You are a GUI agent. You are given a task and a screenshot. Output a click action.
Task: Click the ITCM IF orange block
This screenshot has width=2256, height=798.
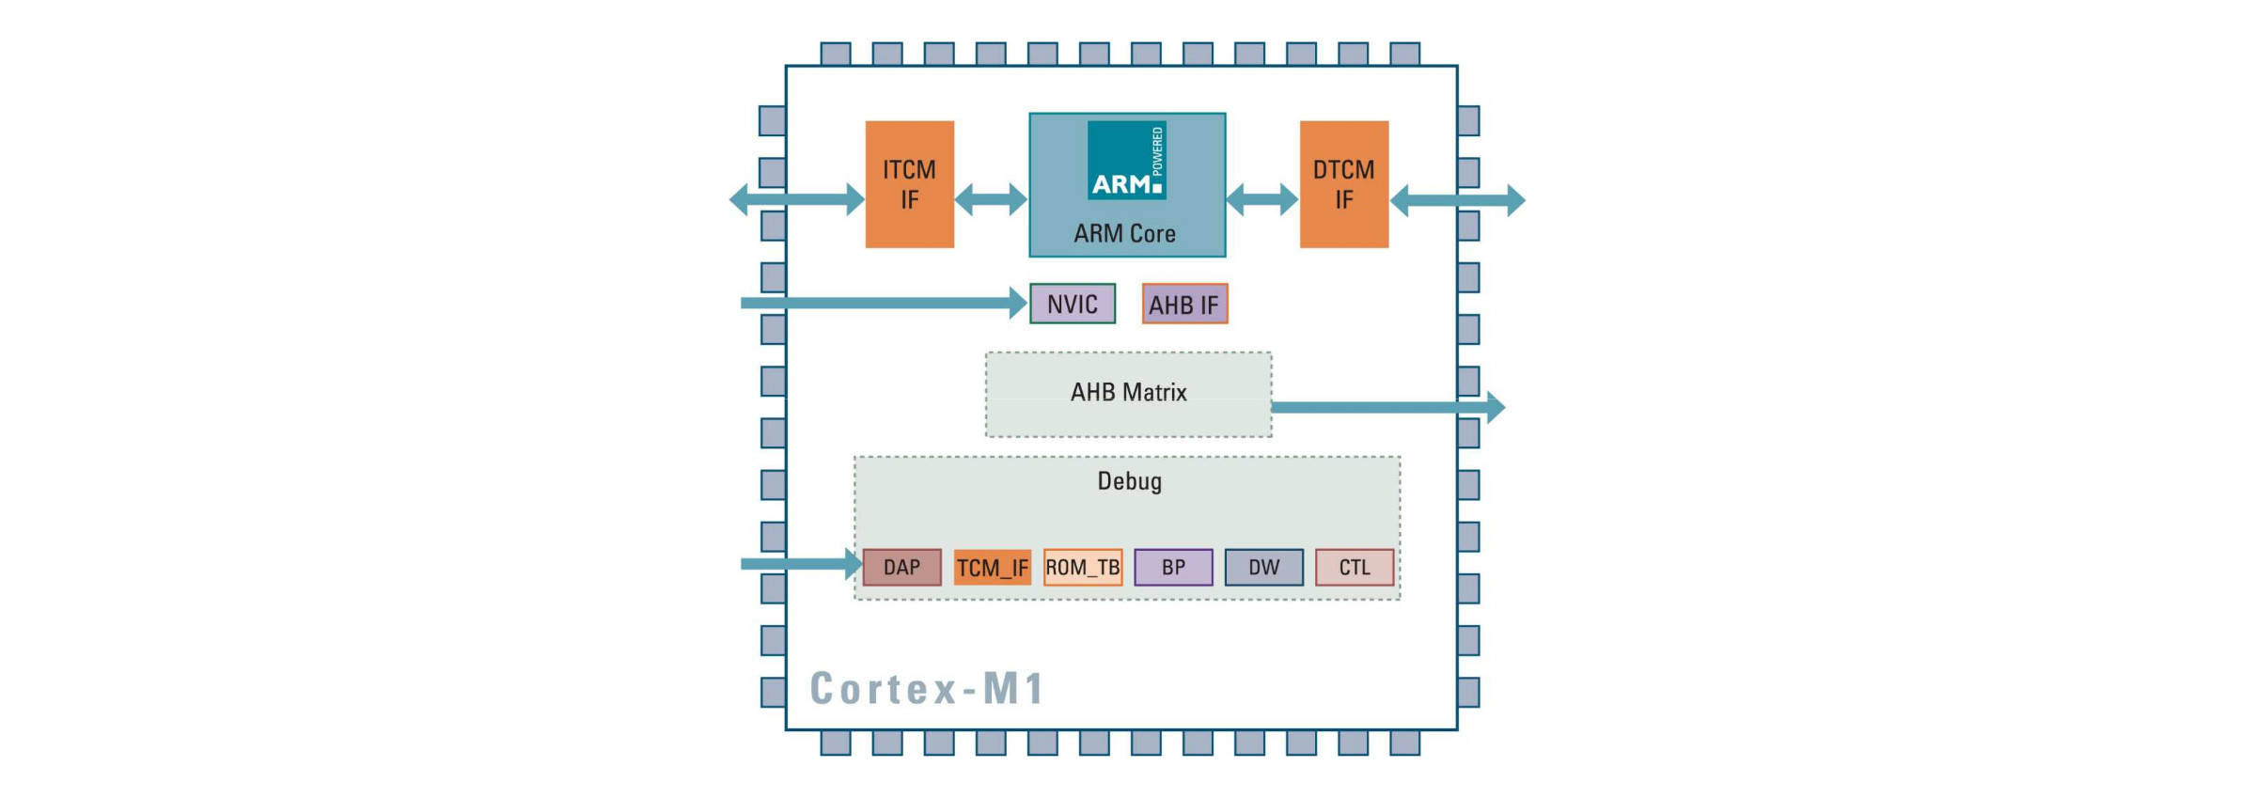909,184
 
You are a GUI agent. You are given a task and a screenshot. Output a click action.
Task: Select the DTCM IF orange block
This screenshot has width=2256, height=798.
1343,184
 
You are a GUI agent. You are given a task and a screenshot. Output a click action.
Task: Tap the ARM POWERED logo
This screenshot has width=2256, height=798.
1126,160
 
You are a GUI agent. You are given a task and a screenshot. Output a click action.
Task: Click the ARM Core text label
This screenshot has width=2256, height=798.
1124,233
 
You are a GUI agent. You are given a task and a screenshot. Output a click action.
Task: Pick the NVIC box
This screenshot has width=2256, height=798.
1072,304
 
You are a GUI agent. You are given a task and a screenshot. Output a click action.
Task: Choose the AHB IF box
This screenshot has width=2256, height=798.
1184,305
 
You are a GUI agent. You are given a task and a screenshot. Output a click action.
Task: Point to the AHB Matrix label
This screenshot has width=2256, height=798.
1128,392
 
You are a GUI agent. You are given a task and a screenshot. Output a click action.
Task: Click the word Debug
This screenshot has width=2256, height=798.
1129,481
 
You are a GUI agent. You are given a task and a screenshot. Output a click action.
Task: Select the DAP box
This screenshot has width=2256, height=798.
901,568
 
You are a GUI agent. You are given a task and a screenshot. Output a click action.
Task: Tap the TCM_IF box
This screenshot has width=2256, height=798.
992,568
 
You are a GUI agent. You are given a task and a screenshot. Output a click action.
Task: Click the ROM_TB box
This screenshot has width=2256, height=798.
1083,568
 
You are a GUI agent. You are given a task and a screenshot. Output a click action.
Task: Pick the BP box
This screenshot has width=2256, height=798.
1173,568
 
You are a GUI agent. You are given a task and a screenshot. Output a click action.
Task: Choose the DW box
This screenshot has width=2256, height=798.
1263,568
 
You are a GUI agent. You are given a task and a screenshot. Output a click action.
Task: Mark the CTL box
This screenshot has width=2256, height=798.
1354,568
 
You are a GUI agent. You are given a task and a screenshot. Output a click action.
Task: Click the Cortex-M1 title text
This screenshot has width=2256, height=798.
927,688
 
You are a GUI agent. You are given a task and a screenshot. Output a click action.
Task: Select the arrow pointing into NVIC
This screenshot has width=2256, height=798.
884,303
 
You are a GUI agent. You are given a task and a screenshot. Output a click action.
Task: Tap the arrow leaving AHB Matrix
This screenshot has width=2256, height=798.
1386,407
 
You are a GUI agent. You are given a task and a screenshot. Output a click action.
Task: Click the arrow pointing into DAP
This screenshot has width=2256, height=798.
799,564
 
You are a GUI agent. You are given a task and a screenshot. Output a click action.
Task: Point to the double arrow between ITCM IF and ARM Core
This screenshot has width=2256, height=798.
991,199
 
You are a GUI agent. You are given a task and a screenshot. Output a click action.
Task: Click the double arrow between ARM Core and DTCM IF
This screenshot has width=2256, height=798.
1261,199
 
